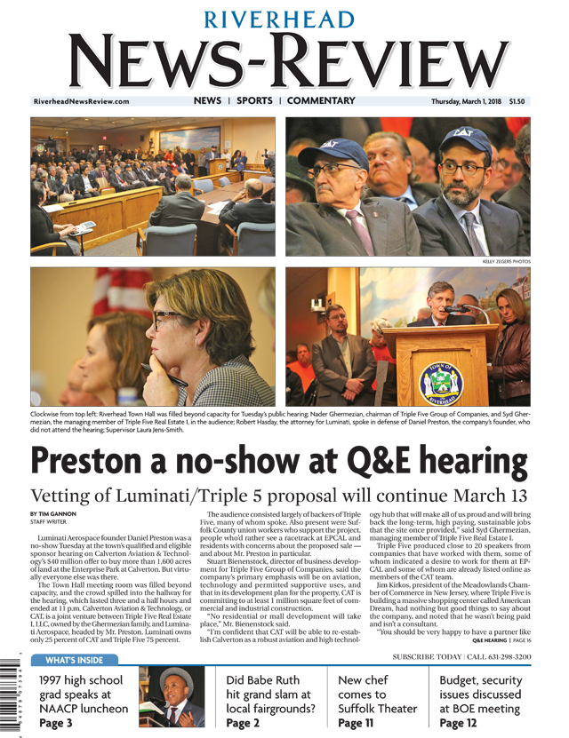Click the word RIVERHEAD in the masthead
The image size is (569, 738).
coord(284,20)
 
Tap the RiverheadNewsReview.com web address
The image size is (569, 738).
coord(81,101)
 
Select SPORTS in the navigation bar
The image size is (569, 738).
coord(254,101)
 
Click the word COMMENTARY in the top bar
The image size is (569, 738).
coord(321,101)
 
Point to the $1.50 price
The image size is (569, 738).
coord(517,101)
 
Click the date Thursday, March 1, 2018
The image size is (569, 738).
coord(467,101)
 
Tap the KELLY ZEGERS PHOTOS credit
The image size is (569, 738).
coord(506,262)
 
